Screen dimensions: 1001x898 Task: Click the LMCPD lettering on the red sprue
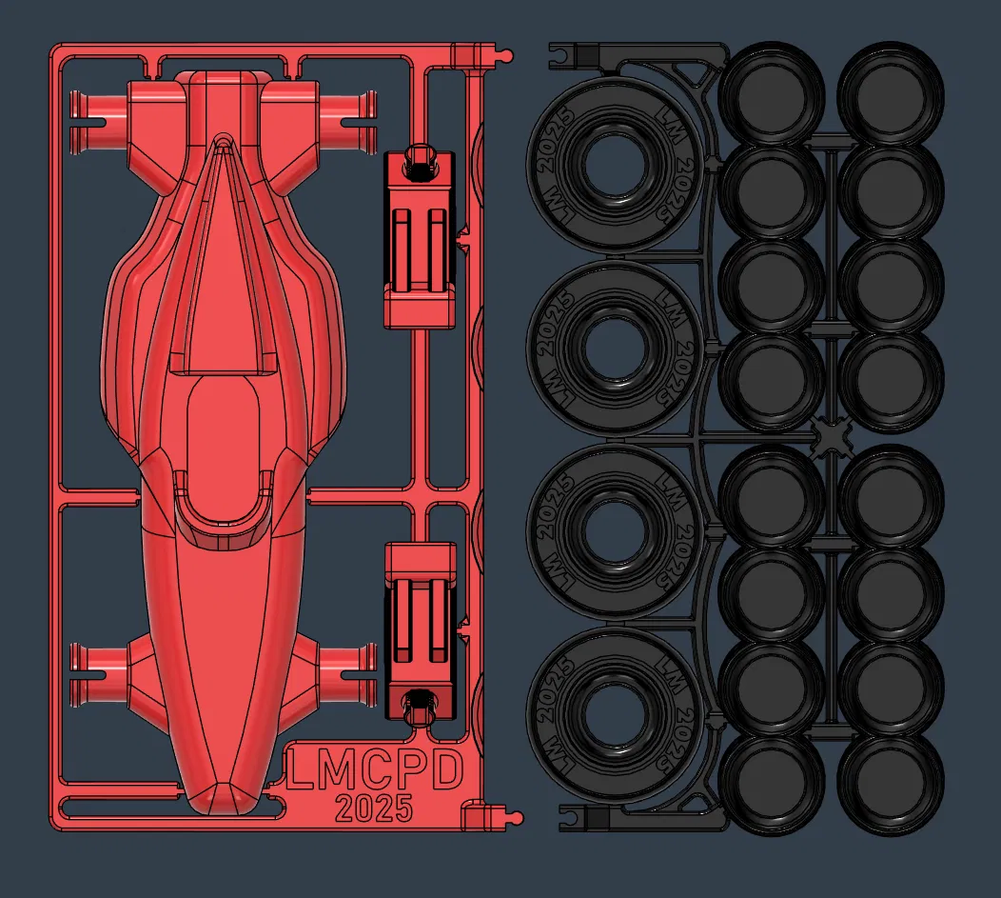pos(373,770)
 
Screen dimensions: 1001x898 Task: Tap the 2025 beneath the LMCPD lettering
pos(373,808)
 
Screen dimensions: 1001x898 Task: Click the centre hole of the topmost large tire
pos(614,165)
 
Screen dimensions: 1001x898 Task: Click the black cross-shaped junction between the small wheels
pos(830,437)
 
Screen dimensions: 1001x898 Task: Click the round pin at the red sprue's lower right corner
pos(516,818)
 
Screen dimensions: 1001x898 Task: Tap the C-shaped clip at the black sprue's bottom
pos(569,818)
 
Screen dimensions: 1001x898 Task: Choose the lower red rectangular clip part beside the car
pos(419,632)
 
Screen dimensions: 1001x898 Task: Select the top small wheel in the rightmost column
pos(890,93)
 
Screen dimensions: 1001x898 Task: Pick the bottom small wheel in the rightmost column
pos(890,786)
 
